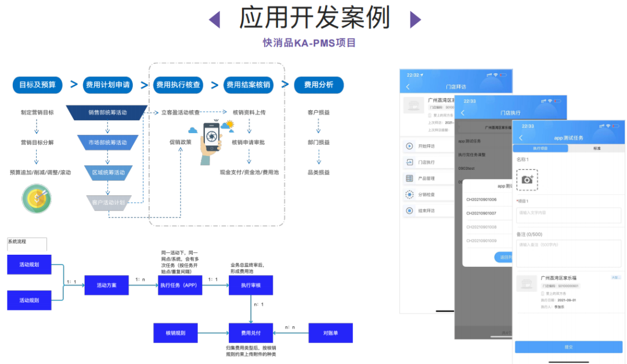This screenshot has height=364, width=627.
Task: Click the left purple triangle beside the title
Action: tap(214, 20)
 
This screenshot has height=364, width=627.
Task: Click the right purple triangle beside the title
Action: tap(415, 20)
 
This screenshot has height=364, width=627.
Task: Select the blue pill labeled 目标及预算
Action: tap(37, 85)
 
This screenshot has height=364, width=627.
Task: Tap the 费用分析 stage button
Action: tap(318, 85)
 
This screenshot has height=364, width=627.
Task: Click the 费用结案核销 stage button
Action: tap(248, 85)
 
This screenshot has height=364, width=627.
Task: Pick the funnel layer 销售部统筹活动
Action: tap(107, 112)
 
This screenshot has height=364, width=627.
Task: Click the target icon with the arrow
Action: tap(37, 199)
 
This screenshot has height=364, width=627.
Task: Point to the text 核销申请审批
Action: tap(248, 142)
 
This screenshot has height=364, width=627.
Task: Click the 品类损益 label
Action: tap(318, 173)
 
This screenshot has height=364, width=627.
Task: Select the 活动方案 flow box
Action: tap(106, 285)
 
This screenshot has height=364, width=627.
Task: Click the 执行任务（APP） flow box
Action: tap(180, 285)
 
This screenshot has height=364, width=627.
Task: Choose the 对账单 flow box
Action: tap(330, 333)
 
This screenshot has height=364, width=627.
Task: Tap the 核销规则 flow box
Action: tap(175, 333)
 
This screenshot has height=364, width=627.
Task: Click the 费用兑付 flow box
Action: tap(250, 333)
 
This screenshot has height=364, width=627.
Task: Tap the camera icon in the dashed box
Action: tap(527, 180)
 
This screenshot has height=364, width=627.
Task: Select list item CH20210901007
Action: tap(481, 213)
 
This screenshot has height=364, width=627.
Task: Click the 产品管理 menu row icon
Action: tap(409, 179)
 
